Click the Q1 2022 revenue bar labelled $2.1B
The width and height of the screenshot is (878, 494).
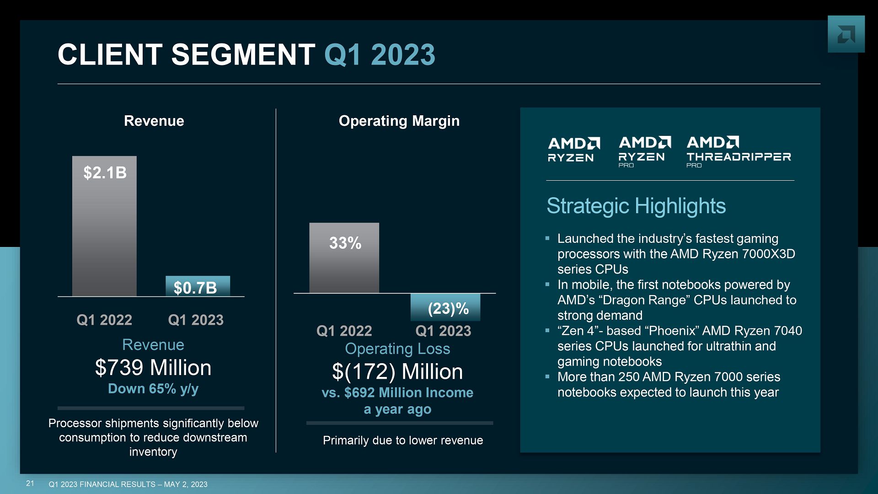pyautogui.click(x=104, y=226)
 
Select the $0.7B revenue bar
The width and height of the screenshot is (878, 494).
pyautogui.click(x=198, y=286)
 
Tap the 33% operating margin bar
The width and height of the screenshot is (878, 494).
pyautogui.click(x=344, y=258)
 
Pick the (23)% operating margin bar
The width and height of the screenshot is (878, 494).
pyautogui.click(x=445, y=307)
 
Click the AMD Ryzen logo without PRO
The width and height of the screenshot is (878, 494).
pyautogui.click(x=573, y=150)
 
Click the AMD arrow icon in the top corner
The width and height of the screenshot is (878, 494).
pyautogui.click(x=846, y=34)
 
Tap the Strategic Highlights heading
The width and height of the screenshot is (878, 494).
pyautogui.click(x=636, y=206)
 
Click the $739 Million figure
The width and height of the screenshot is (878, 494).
pyautogui.click(x=153, y=368)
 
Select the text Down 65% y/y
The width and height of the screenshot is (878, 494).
pyautogui.click(x=153, y=389)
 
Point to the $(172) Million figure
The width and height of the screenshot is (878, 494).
pyautogui.click(x=397, y=371)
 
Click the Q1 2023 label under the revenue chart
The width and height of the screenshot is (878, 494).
pyautogui.click(x=196, y=320)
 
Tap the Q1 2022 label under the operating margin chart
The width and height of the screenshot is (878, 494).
pyautogui.click(x=344, y=331)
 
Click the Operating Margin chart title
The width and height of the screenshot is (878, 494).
pyautogui.click(x=399, y=121)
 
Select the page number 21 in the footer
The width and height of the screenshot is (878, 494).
pyautogui.click(x=30, y=483)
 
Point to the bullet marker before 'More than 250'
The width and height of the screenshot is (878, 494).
pyautogui.click(x=547, y=376)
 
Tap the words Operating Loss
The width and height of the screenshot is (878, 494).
pyautogui.click(x=397, y=349)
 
